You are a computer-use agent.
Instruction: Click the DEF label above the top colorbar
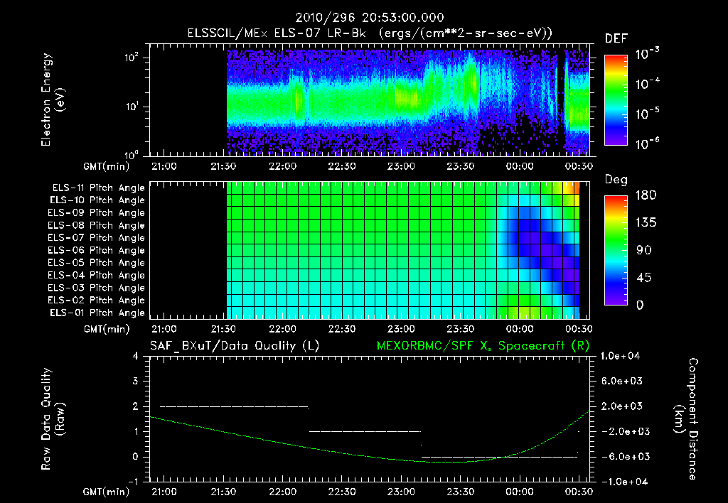pos(616,38)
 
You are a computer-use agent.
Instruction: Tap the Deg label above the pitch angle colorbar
pos(616,180)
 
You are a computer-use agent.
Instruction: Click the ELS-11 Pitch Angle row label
pos(98,188)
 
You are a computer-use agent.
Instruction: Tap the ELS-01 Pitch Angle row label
pos(98,313)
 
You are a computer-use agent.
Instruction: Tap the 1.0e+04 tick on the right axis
pos(622,356)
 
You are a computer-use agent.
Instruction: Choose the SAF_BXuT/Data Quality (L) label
pos(234,345)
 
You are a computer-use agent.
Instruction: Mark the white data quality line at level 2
pos(235,406)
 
